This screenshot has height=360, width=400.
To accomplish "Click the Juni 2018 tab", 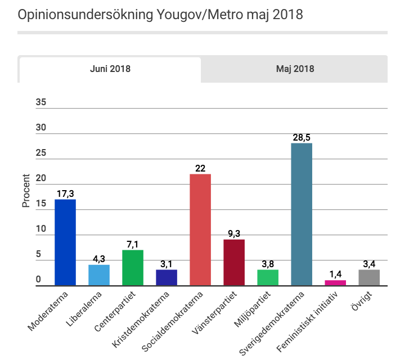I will point(110,69).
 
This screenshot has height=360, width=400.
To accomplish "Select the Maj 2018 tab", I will point(295,69).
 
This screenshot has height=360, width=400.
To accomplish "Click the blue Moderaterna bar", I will point(65,242).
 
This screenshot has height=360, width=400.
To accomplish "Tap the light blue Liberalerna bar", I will point(99,275).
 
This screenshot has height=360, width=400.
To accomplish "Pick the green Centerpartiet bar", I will point(133,268).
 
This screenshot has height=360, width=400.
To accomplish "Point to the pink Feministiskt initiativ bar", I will point(335,282).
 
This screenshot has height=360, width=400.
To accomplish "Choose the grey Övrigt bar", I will point(369,277).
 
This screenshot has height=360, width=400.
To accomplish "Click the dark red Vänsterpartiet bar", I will point(234,262).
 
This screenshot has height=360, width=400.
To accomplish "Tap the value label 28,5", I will point(302,137).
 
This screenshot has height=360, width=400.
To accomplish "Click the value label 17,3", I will point(65,194).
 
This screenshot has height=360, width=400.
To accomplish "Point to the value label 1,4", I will point(335,274).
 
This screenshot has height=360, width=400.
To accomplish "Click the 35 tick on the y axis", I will point(41,102).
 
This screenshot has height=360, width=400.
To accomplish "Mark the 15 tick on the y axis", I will point(41,204).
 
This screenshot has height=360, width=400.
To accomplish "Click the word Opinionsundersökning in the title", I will point(80,15).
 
